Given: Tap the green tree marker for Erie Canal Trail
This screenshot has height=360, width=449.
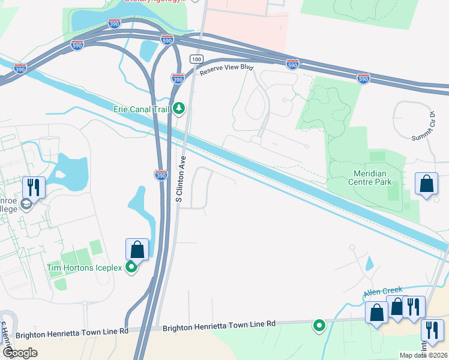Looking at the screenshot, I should pos(178,109).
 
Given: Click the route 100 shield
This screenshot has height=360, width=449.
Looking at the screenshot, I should pos(195,59).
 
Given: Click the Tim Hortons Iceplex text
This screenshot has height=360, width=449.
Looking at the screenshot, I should pos(85,268).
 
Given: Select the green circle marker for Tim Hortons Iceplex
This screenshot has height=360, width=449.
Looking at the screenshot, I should pos(131,268).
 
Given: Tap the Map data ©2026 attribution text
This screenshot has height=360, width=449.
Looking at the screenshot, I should pos(424,355).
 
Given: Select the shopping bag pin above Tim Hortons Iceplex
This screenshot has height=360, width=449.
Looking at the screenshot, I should pos(137,249).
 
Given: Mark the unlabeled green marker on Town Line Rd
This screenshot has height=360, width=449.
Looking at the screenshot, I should pos(319,326).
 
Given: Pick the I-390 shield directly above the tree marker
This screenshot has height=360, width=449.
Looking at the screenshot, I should pos(178,79).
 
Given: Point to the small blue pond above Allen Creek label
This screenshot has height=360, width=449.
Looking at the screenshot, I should pos(369,263).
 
